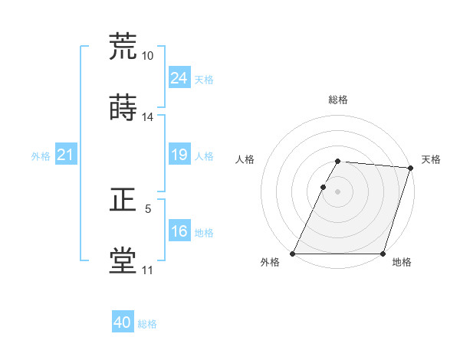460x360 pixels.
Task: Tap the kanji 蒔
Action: [123, 107]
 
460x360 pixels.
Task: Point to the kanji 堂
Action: [123, 260]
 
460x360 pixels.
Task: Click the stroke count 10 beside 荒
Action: [147, 55]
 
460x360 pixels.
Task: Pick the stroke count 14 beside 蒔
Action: [147, 117]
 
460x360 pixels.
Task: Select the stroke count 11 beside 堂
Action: [147, 270]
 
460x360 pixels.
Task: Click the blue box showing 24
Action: [179, 78]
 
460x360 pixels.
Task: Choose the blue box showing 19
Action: [179, 155]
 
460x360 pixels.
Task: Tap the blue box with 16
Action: [179, 232]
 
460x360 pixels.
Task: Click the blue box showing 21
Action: [66, 155]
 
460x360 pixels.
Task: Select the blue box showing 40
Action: [123, 323]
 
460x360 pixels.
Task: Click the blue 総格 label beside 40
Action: [147, 324]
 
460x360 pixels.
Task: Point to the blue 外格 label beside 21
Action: [41, 156]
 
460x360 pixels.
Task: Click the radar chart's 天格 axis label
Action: [431, 159]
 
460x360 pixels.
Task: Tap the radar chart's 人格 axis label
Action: [245, 159]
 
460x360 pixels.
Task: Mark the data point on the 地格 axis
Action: [383, 254]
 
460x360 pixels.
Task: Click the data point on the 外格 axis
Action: [293, 254]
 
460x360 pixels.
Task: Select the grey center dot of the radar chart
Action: [337, 191]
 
